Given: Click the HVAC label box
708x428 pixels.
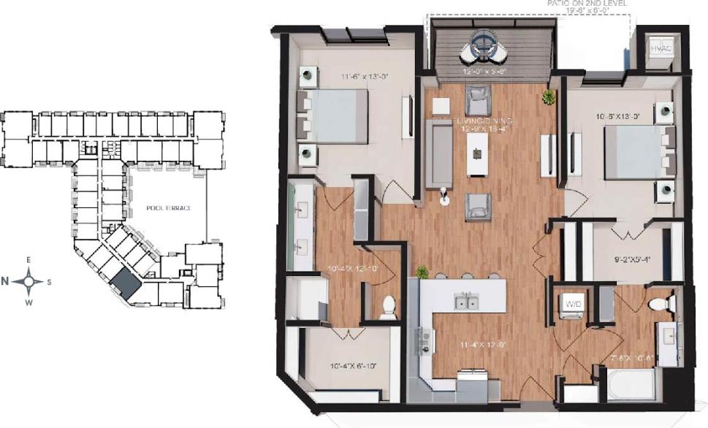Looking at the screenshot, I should pos(661,48).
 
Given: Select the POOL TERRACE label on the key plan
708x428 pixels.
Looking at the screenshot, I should pos(168,208).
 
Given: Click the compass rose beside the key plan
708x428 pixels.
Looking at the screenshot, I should pos(29,280).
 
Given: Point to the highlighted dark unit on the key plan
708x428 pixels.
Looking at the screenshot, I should pos(124,282).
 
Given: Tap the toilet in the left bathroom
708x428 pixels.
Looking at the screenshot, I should pos(388,307).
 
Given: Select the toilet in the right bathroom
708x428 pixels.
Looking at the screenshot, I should pos(662,303).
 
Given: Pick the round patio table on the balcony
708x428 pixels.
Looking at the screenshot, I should pos(481,44).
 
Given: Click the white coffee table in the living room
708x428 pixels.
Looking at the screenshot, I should pos(477,153).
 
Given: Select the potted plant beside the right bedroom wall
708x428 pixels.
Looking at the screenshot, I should pos(548,96).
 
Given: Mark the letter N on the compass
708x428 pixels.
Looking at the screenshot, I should pos(6,280).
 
